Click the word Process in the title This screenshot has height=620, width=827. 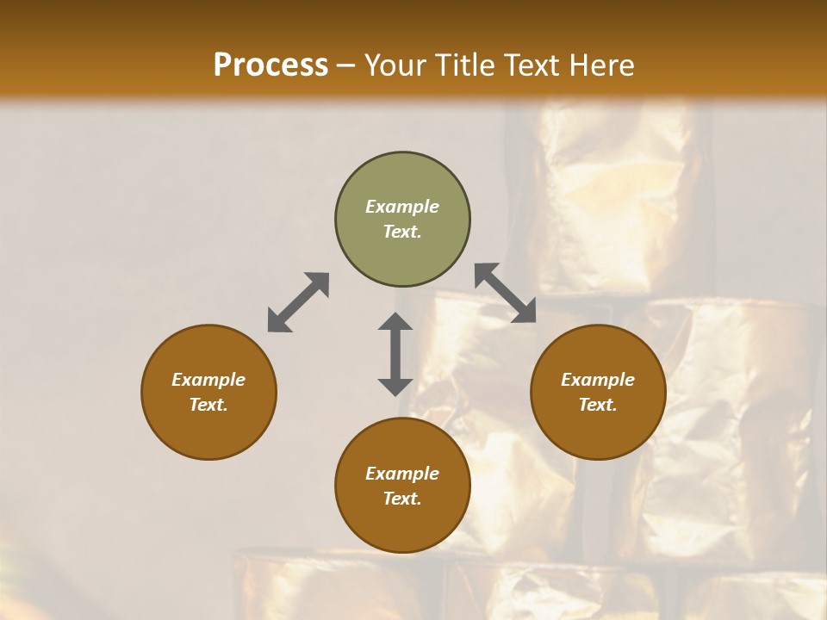coord(270,65)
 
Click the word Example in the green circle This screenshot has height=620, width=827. coord(402,207)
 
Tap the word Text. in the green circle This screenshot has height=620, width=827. coord(402,232)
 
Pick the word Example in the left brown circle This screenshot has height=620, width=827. coord(208,380)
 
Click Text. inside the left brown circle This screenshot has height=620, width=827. coord(208,405)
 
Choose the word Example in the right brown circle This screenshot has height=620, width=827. coord(598,380)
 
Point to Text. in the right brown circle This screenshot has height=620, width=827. coord(598,405)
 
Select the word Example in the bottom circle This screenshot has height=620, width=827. coord(402,474)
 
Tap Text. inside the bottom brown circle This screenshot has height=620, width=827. coord(402,499)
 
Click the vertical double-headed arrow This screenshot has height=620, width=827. coord(395,354)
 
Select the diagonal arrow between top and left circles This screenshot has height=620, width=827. coord(298,302)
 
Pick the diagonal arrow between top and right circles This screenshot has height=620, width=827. coord(506,293)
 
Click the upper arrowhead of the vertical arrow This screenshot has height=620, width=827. coord(395,322)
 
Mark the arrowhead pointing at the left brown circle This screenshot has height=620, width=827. coord(277,322)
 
